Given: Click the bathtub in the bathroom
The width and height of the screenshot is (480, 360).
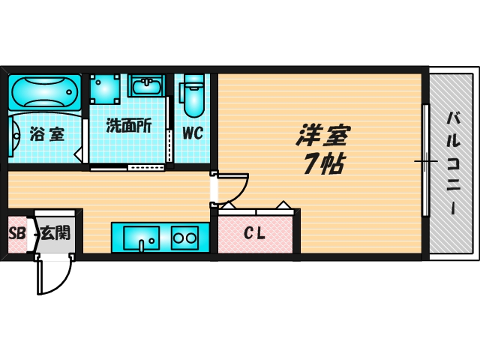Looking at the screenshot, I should [x=44, y=93].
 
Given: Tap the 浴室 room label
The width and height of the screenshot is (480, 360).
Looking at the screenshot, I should [x=46, y=135].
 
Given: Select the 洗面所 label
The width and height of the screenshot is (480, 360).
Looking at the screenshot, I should [x=128, y=126].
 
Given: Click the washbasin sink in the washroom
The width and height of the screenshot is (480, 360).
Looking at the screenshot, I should [x=149, y=86].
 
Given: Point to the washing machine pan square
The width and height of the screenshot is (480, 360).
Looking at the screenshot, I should [x=106, y=88].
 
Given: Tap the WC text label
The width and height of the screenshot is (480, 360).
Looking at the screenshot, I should [x=194, y=136].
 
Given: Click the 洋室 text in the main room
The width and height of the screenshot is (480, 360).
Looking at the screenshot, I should [x=324, y=136].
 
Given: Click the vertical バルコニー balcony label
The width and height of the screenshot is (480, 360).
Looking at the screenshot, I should [x=454, y=161].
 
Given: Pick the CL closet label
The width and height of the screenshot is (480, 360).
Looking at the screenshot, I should [x=254, y=233].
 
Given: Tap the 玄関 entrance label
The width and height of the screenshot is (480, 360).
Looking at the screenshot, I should [x=55, y=232].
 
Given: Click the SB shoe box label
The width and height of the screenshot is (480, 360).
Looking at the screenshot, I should [x=16, y=233].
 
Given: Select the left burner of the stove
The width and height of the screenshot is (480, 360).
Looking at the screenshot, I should [x=179, y=238].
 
